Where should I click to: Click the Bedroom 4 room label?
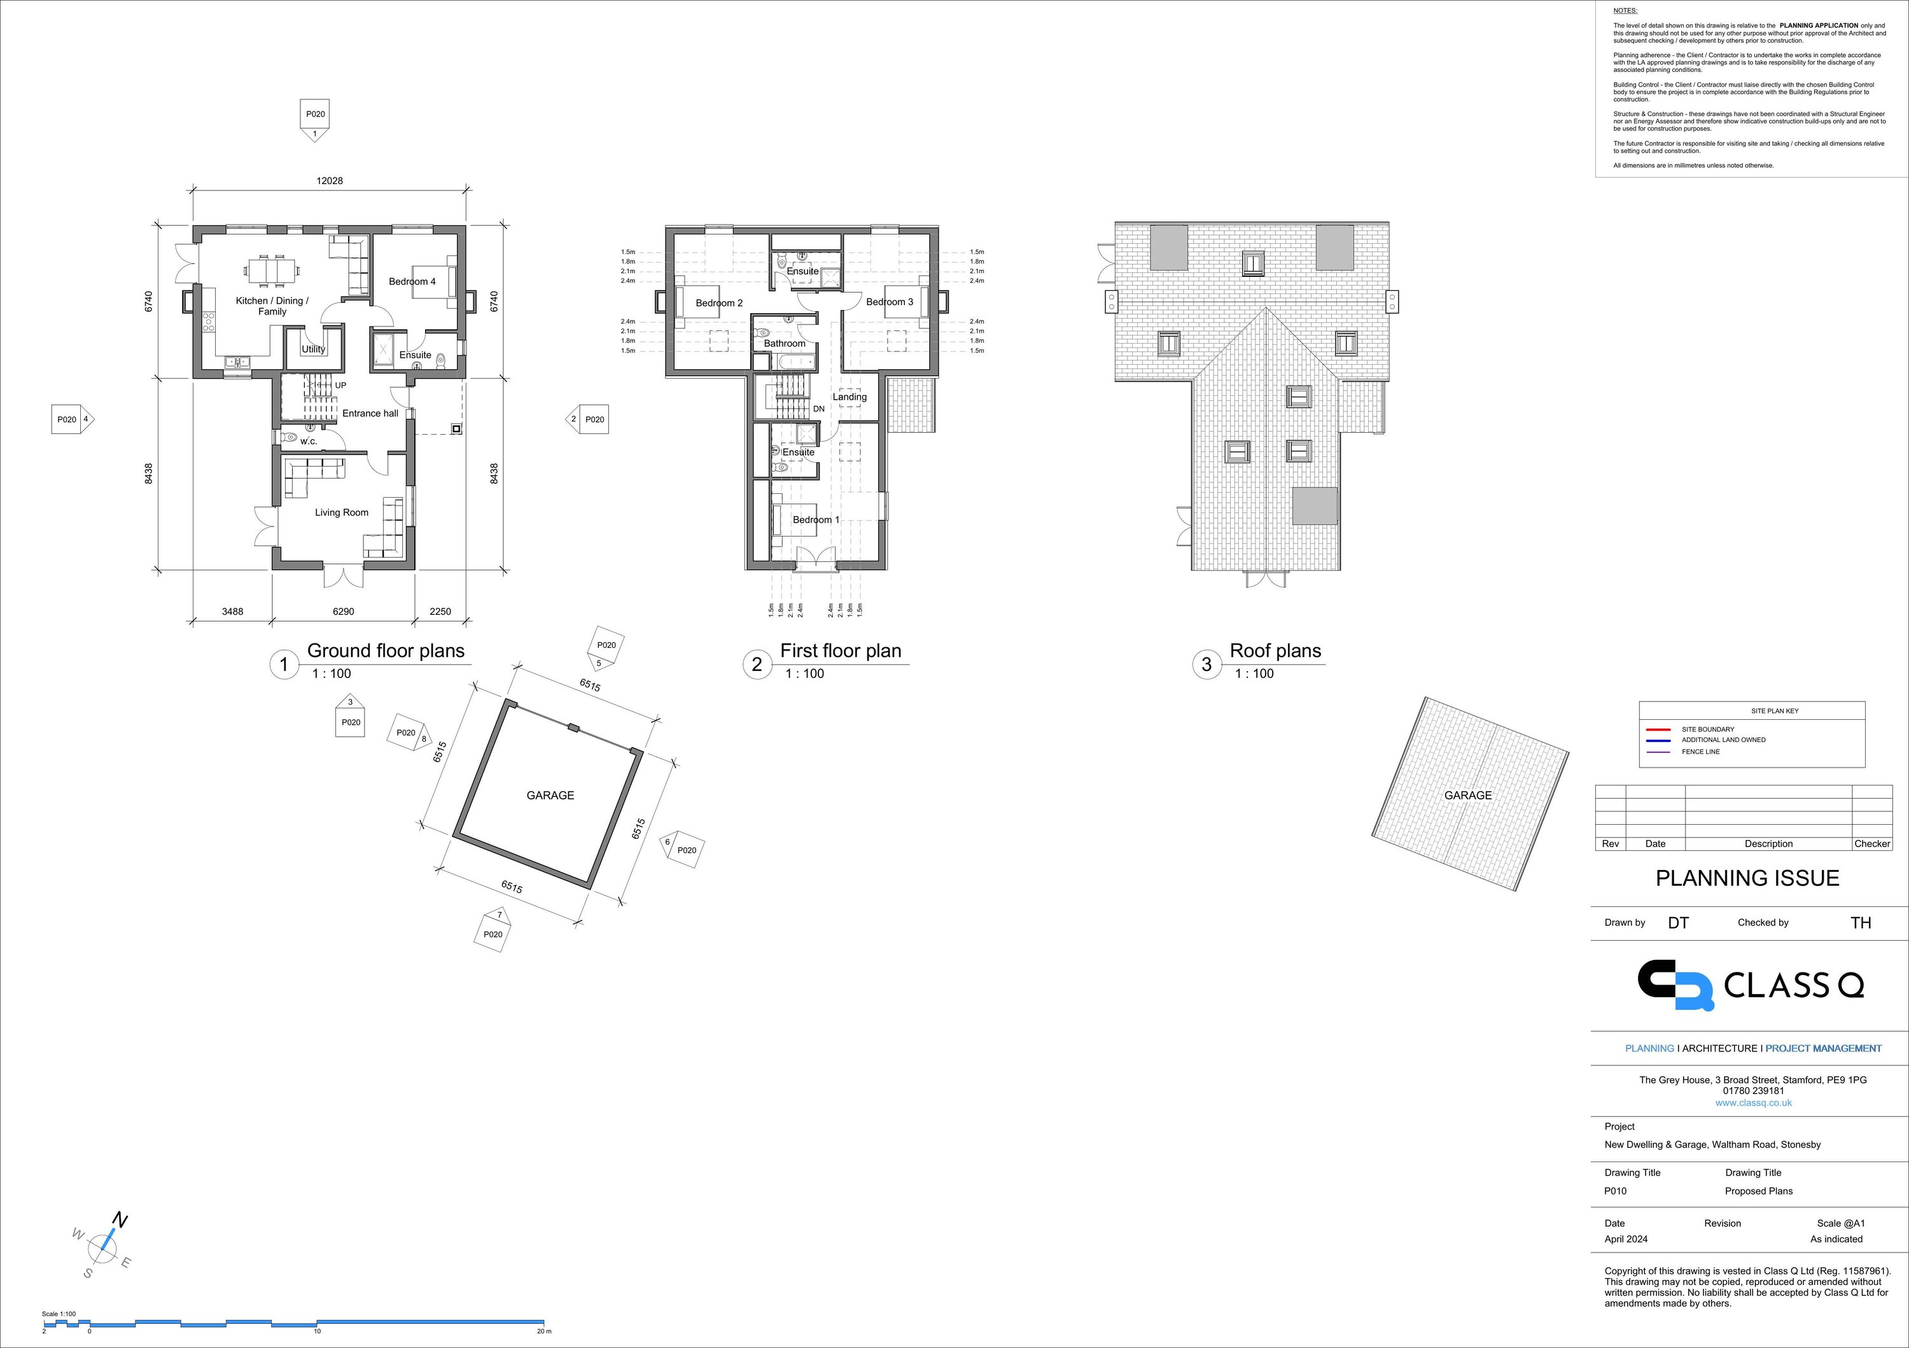point(412,282)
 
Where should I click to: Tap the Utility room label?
point(314,349)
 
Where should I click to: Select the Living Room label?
point(341,512)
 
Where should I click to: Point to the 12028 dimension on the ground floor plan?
point(329,181)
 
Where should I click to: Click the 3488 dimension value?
point(233,611)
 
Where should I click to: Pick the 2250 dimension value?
point(440,611)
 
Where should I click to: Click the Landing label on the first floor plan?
point(850,397)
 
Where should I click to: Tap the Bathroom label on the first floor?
point(785,344)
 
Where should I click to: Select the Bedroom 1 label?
point(816,520)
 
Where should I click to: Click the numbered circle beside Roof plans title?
point(1206,664)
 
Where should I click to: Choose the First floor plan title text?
point(841,650)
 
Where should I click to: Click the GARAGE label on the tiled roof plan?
point(1467,796)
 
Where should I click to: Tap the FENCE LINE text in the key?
point(1700,752)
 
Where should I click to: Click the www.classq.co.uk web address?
point(1754,1103)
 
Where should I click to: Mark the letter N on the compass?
point(120,1221)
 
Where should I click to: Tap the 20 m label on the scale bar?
point(544,1331)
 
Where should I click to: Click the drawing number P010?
point(1616,1191)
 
